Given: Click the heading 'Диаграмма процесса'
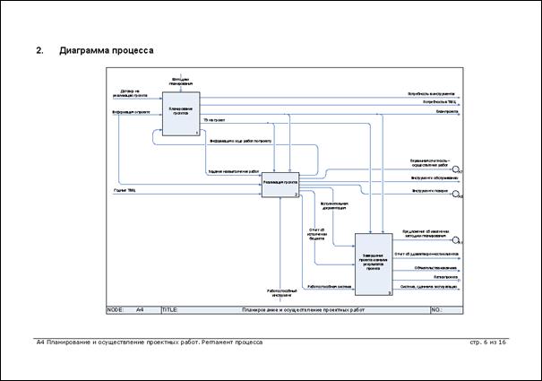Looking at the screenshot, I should (106, 50).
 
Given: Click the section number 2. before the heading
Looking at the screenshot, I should (39, 50).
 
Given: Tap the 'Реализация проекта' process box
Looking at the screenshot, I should (280, 183).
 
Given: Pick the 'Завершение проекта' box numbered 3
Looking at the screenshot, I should (374, 263).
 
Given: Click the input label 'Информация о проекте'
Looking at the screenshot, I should (125, 113).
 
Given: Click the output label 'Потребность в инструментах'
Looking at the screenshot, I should (432, 92).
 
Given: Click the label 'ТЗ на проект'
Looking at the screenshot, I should (213, 119).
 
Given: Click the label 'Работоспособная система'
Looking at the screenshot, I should (324, 287).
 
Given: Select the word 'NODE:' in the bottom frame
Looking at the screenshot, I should (115, 309).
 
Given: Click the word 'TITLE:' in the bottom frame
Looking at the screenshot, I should (170, 309).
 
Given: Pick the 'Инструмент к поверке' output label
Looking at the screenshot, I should (429, 190).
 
